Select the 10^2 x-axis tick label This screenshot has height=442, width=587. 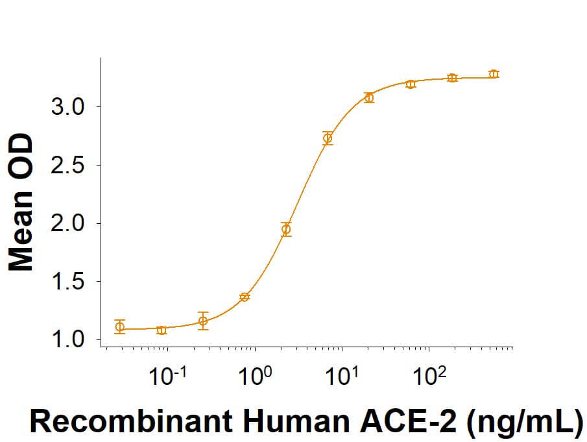click(429, 377)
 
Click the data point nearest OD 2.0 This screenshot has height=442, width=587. click(286, 229)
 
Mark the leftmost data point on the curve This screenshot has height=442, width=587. click(119, 326)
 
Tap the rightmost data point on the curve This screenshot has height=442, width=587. click(494, 74)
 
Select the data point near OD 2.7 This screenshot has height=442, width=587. click(328, 138)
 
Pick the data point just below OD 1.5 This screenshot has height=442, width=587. click(245, 297)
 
